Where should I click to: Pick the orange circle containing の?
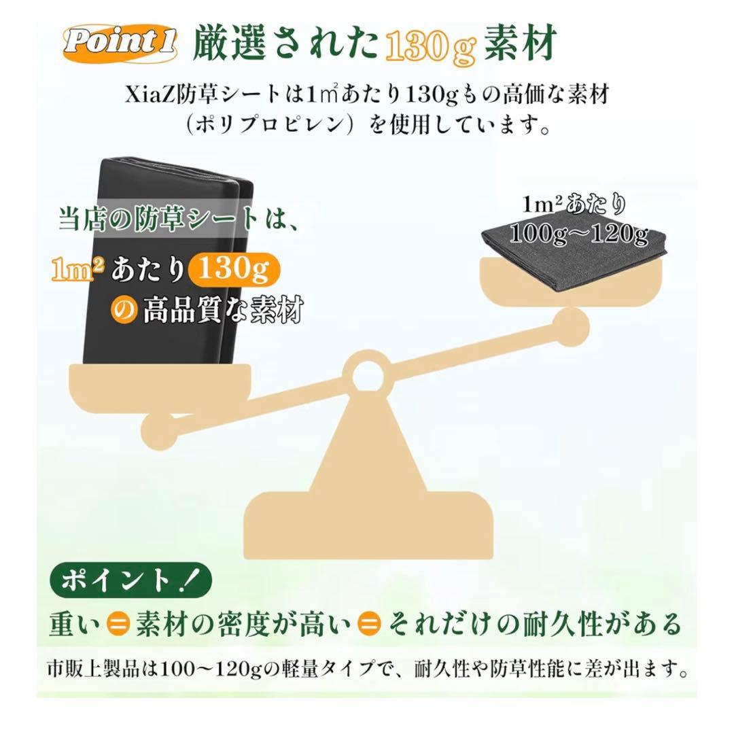coord(123,311)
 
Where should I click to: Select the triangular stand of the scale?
coord(366,449)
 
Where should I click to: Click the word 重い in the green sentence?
coord(75,622)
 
